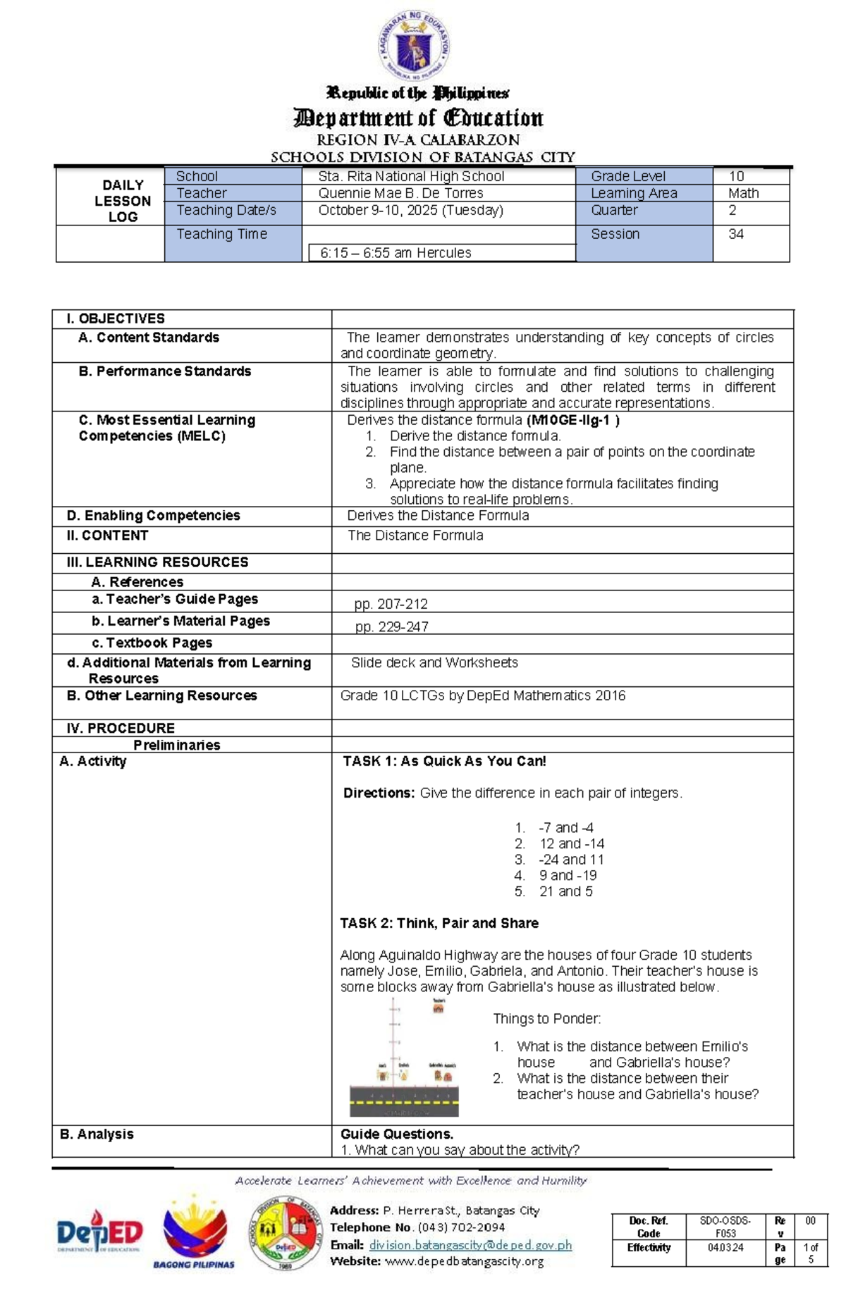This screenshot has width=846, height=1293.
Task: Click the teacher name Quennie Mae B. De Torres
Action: [x=400, y=193]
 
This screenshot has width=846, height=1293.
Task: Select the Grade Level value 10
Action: [x=736, y=176]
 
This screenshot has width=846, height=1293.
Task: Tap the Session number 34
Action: [x=736, y=234]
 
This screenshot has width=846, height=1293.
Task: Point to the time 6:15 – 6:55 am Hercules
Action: [x=396, y=253]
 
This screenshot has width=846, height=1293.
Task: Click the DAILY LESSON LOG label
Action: [x=123, y=201]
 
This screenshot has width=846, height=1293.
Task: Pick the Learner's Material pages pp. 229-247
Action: [x=391, y=626]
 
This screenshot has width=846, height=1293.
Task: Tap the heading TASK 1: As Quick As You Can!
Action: [x=444, y=761]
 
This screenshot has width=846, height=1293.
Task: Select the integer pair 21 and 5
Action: [x=565, y=891]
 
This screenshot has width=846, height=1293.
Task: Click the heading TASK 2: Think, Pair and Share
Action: [x=439, y=923]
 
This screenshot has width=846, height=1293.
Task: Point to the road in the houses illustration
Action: [x=404, y=1100]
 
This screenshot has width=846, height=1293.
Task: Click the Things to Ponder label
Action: [x=546, y=1019]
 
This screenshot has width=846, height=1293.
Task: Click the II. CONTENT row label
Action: [x=107, y=536]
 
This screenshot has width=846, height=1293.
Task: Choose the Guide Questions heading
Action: [x=396, y=1134]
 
